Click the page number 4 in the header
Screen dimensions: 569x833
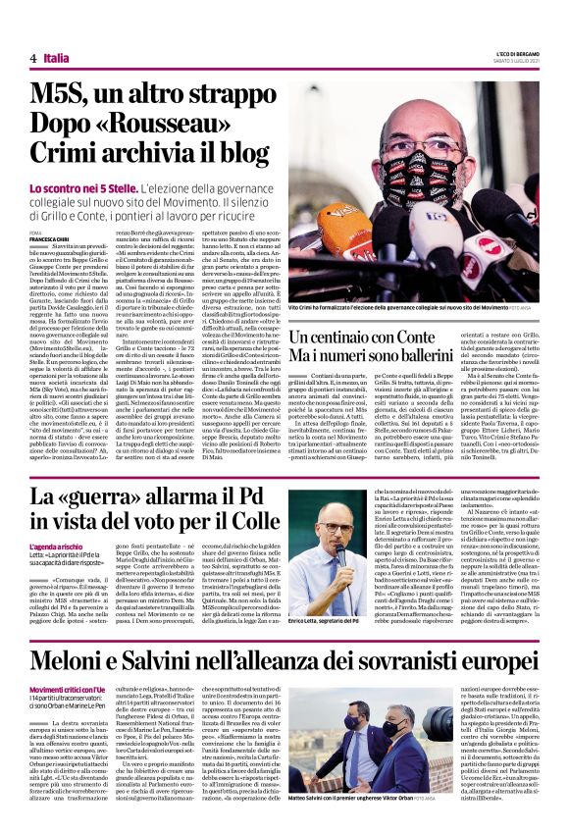point(33,59)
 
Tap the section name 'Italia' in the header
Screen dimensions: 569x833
point(56,59)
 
